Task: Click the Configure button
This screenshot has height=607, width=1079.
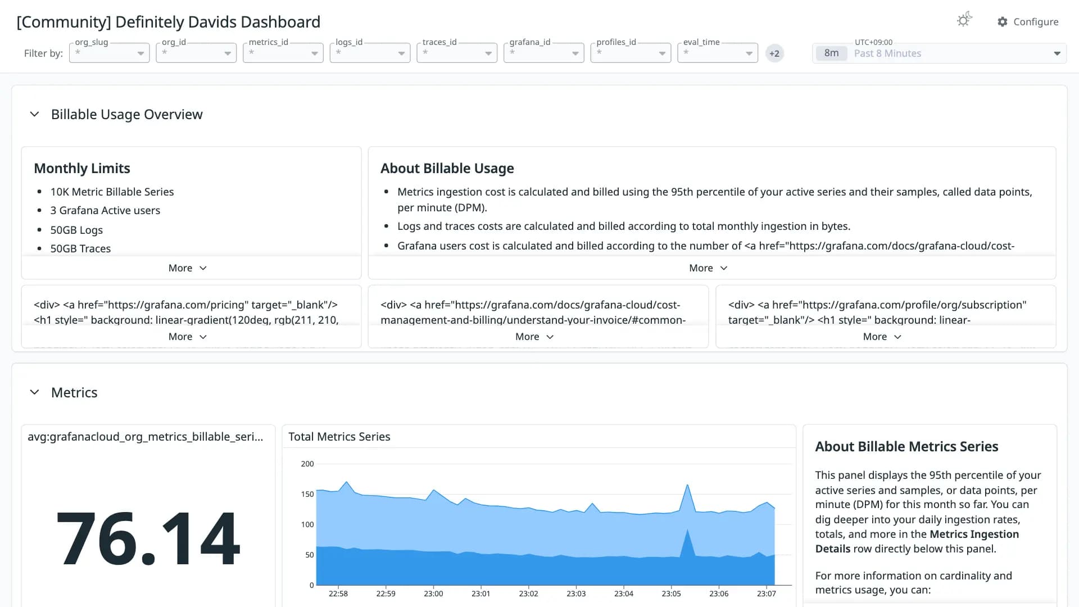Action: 1028,22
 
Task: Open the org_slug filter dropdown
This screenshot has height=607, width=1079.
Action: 109,53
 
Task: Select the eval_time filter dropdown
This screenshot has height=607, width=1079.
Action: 718,53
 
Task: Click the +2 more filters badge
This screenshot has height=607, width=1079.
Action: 774,53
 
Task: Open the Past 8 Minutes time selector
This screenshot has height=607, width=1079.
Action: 939,53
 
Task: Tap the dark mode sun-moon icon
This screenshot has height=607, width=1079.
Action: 964,20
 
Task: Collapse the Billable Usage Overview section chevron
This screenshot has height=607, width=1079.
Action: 34,114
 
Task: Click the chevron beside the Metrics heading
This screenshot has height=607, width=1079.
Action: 34,392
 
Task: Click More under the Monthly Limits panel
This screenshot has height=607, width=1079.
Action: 188,268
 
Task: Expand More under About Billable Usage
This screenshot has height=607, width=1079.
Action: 708,268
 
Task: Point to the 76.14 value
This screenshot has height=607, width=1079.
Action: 148,538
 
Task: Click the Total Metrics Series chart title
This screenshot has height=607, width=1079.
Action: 339,437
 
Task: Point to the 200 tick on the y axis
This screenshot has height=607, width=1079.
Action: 307,464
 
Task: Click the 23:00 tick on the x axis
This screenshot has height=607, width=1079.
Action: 433,594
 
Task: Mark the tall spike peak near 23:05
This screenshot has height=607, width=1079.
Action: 687,484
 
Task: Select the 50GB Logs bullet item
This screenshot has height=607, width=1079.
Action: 76,230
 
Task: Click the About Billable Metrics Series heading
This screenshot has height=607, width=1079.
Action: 906,446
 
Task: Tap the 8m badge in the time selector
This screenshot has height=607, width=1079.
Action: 831,53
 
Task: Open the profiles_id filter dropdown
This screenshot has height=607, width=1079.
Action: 631,53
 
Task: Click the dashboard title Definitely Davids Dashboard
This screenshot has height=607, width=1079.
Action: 217,22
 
